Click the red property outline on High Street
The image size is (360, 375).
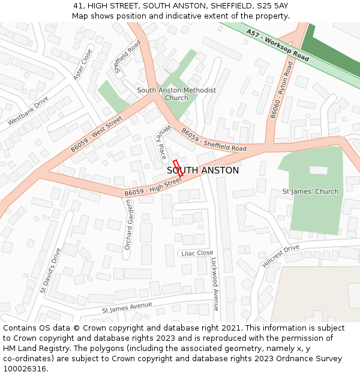[178, 168]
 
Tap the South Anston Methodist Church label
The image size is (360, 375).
[176, 94]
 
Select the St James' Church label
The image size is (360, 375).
[310, 191]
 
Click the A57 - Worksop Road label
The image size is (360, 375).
[277, 47]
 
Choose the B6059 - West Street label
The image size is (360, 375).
[97, 133]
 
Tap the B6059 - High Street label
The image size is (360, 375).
[153, 187]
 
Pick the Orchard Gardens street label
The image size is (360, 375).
[128, 225]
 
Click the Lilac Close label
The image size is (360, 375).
[197, 253]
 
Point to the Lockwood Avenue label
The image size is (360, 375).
[215, 285]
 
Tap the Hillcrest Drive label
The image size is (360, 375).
[280, 256]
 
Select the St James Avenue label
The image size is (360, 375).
[127, 308]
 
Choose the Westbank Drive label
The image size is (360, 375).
[28, 111]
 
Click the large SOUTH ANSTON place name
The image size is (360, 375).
[203, 170]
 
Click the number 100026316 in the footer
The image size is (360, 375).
[24, 368]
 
